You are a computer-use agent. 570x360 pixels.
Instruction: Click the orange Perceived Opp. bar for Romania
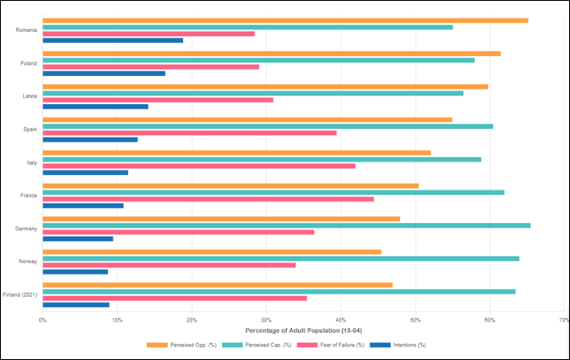[x=285, y=21]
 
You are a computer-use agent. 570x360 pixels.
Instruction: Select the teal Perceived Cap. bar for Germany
[x=286, y=226]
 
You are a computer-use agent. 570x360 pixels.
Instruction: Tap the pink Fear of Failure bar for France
[x=208, y=198]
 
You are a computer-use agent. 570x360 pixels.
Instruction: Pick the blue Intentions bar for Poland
[x=104, y=74]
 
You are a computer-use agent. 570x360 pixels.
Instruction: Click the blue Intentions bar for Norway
[x=75, y=271]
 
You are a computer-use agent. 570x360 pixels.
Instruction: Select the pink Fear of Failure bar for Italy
[x=198, y=166]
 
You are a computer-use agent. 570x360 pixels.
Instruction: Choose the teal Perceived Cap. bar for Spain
[x=268, y=126]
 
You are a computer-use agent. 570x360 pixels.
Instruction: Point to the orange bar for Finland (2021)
[x=217, y=285]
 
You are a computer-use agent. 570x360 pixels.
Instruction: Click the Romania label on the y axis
[x=26, y=30]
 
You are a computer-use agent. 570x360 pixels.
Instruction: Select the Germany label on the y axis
[x=26, y=229]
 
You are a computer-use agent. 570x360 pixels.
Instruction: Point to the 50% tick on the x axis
[x=415, y=320]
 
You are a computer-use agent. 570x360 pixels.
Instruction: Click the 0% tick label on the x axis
[x=43, y=320]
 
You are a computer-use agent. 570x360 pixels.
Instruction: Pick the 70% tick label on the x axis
[x=563, y=320]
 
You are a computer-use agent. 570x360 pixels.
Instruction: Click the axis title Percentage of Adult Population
[x=303, y=330]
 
